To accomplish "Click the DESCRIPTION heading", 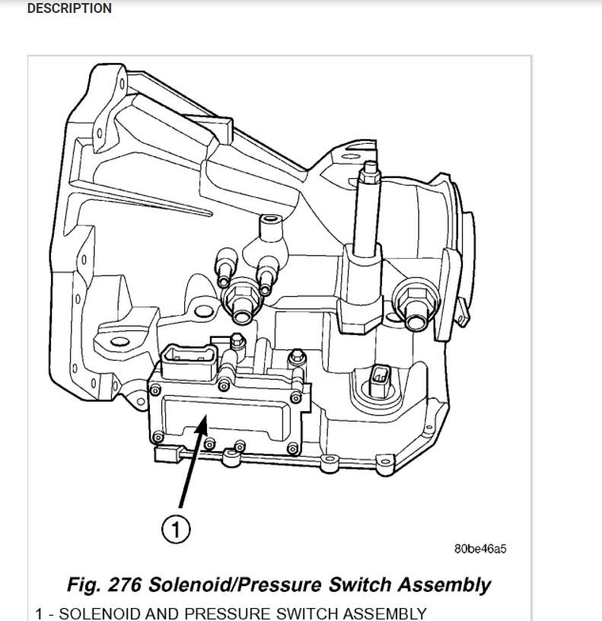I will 69,9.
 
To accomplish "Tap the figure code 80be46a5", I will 480,549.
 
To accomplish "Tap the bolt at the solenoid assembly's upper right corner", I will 296,355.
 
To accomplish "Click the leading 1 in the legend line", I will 40,613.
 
